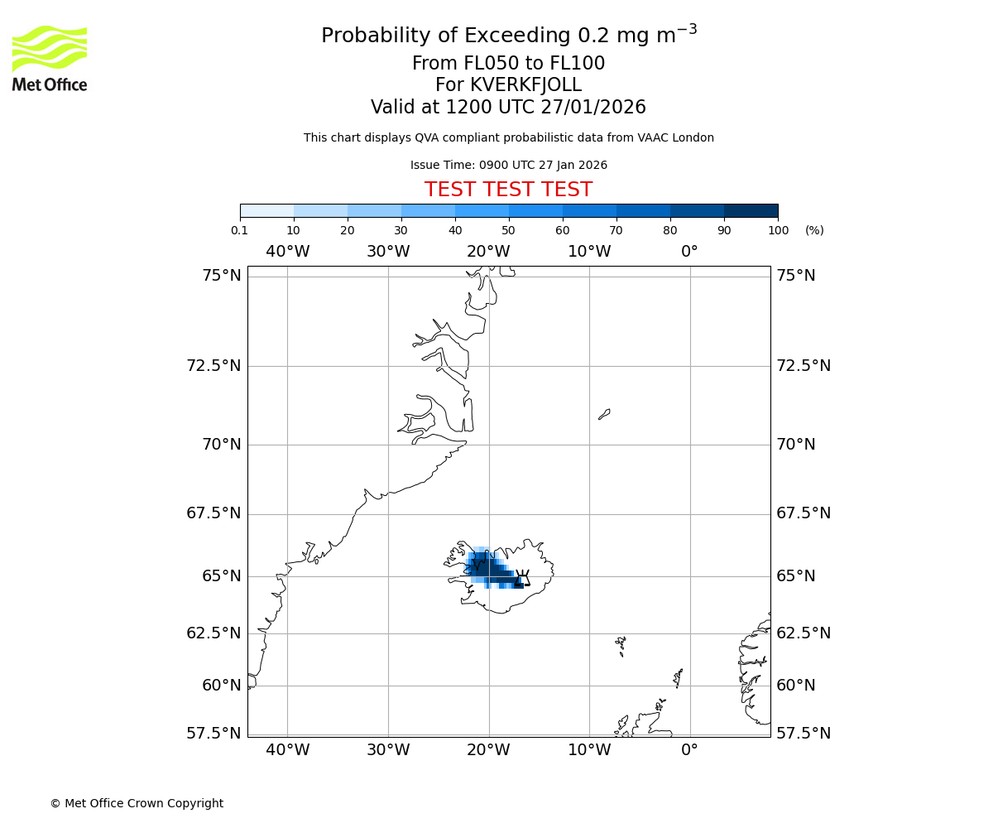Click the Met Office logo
(50, 58)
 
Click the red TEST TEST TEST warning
(508, 190)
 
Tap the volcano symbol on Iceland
(522, 577)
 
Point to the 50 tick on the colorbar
(509, 218)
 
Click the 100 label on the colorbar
(778, 230)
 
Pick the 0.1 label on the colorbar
(240, 230)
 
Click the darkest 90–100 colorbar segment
(751, 210)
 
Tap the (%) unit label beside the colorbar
(814, 230)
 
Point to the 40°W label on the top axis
(287, 252)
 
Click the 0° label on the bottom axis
(689, 750)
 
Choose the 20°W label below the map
(488, 750)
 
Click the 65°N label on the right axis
(795, 576)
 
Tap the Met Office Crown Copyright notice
(137, 803)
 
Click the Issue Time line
(508, 166)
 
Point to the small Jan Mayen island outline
(604, 414)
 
